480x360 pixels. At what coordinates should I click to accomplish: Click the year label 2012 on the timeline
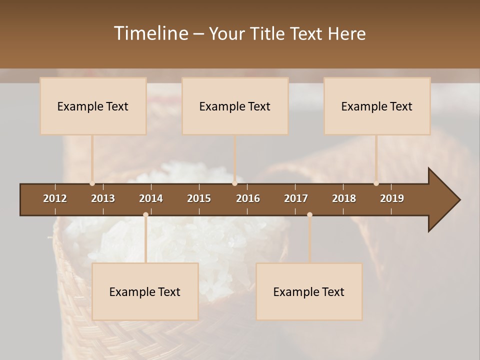[x=55, y=198]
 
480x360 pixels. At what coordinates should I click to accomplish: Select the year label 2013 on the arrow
[x=103, y=198]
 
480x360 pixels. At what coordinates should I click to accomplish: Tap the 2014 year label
[x=151, y=198]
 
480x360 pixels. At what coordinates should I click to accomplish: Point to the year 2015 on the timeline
[x=199, y=198]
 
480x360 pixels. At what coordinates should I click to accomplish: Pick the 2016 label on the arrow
[x=248, y=198]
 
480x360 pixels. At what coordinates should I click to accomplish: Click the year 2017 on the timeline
[x=296, y=198]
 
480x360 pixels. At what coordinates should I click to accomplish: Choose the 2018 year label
[x=344, y=198]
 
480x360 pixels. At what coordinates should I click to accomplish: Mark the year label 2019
[x=392, y=198]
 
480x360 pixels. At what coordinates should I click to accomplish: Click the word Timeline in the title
[x=150, y=33]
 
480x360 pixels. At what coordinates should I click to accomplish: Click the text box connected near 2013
[x=93, y=106]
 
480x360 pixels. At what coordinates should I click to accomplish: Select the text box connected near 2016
[x=235, y=106]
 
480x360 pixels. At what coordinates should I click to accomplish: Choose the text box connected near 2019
[x=377, y=106]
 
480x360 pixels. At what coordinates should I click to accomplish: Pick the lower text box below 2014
[x=145, y=291]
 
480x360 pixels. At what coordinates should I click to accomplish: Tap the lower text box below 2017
[x=309, y=291]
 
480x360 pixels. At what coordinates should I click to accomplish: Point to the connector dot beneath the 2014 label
[x=145, y=215]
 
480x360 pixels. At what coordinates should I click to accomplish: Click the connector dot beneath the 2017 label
[x=309, y=215]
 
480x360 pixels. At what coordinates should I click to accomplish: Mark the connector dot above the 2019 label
[x=376, y=183]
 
